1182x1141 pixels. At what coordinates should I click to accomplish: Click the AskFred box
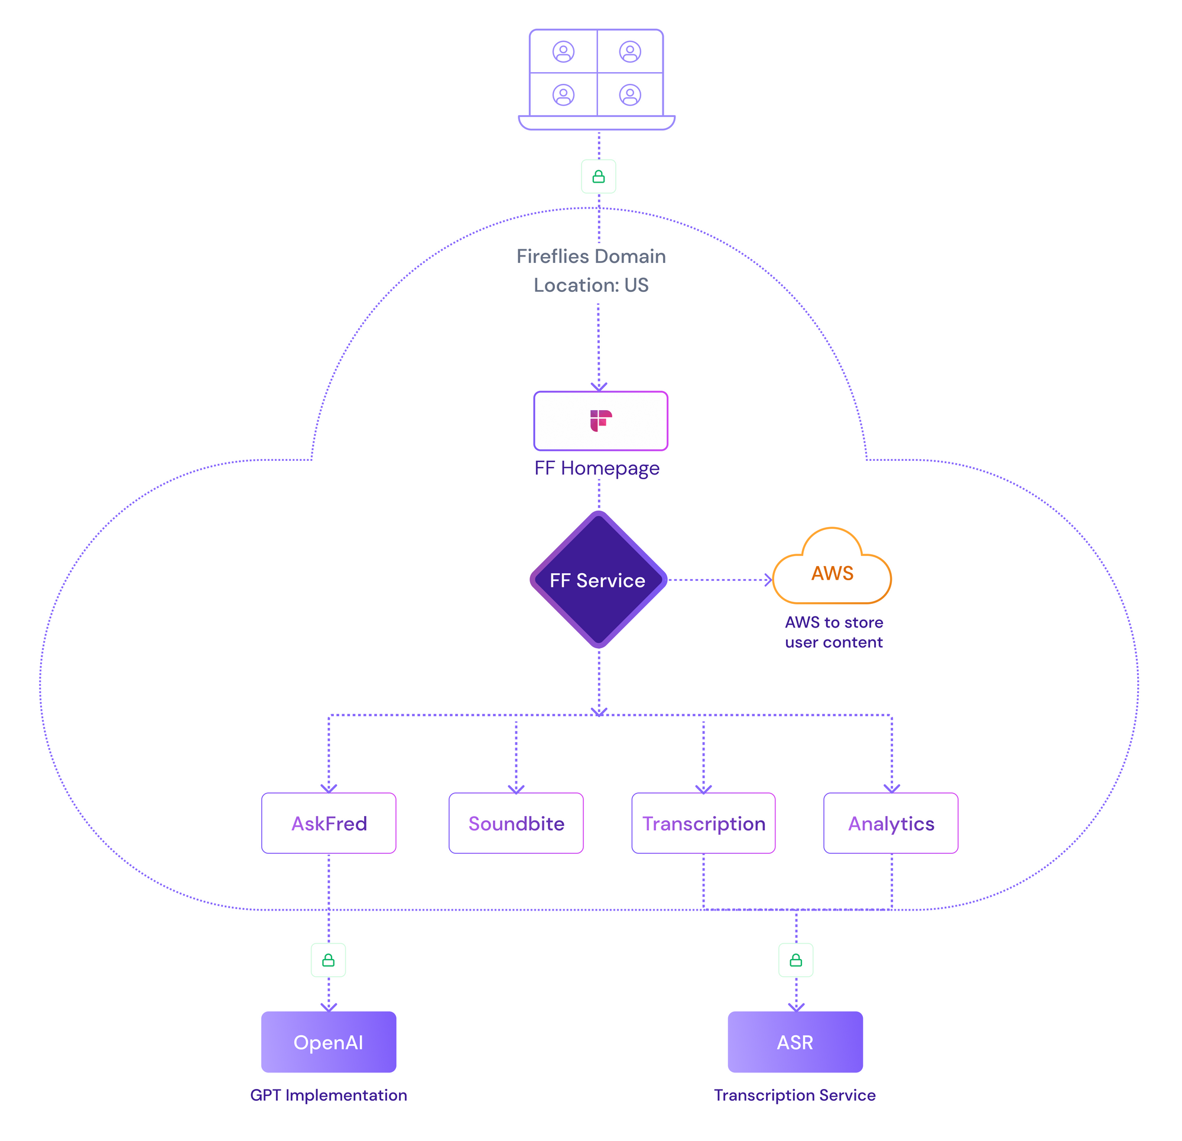[x=329, y=823]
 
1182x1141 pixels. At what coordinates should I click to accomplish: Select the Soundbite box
[x=516, y=823]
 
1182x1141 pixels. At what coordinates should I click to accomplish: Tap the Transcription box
[x=703, y=823]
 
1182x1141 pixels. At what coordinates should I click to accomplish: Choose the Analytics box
[x=891, y=823]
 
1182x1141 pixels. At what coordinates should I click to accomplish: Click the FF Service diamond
[x=598, y=580]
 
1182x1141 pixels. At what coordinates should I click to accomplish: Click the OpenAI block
[x=329, y=1042]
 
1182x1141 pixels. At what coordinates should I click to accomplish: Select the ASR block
[x=795, y=1042]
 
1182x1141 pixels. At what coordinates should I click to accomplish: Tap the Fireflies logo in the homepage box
[x=600, y=420]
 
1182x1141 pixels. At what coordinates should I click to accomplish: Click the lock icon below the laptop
[x=598, y=177]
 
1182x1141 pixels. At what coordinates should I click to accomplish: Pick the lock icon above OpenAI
[x=328, y=960]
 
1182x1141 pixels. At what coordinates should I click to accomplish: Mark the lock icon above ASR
[x=796, y=960]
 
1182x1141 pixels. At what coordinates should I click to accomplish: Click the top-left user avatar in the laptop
[x=563, y=52]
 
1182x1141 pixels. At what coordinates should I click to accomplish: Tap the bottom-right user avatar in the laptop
[x=630, y=95]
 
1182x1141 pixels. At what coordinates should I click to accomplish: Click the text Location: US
[x=591, y=285]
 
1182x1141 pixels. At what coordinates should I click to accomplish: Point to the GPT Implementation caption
[x=329, y=1095]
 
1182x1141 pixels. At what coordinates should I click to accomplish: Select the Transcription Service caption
[x=795, y=1095]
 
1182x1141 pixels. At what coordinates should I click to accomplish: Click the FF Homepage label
[x=597, y=468]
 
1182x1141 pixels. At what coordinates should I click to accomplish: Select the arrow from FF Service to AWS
[x=720, y=580]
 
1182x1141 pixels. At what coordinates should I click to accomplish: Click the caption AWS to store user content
[x=833, y=632]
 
